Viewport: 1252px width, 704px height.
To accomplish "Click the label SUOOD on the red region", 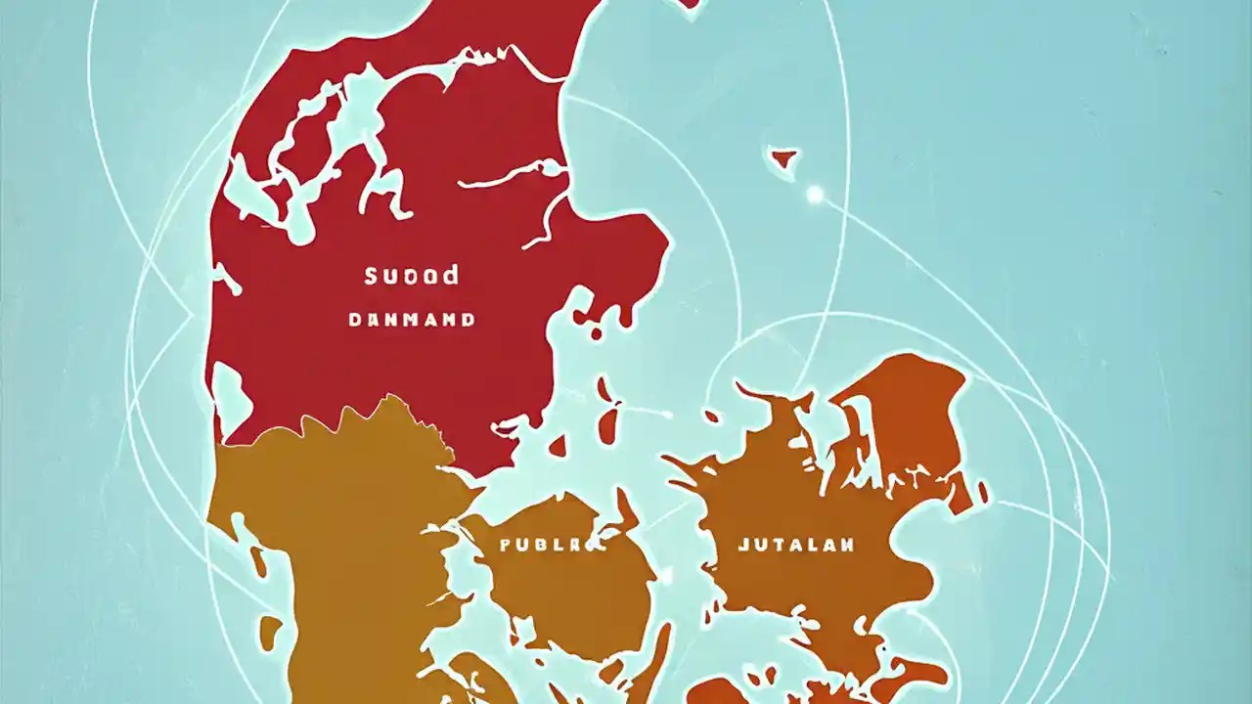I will [411, 276].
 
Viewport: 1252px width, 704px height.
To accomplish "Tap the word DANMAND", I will [412, 320].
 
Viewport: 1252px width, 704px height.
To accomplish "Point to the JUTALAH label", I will [796, 545].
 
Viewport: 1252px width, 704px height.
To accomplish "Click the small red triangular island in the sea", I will [782, 158].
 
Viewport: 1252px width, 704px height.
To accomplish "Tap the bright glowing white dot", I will [815, 195].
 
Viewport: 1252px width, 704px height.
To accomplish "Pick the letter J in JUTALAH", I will [742, 545].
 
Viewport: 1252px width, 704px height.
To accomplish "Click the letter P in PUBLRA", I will [506, 546].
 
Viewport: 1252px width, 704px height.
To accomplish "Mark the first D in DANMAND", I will [354, 320].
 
